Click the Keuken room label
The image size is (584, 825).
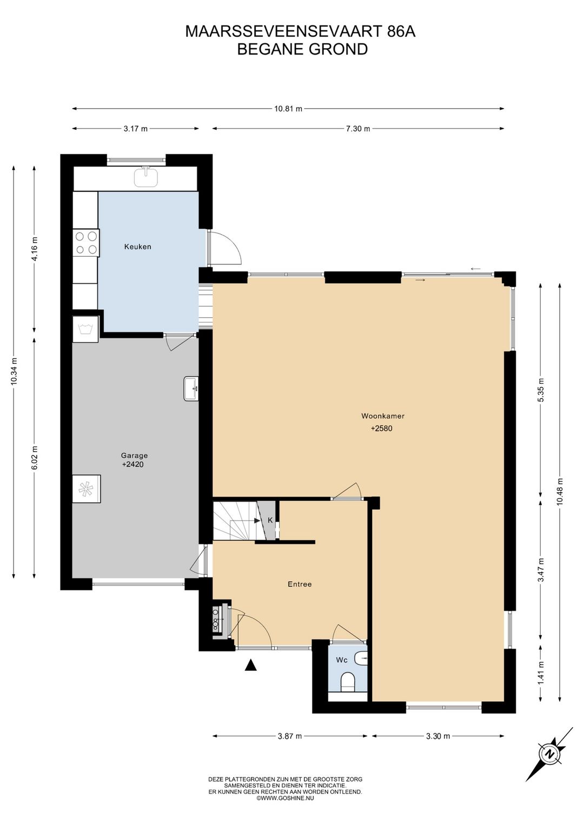(137, 247)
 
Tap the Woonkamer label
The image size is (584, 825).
(383, 416)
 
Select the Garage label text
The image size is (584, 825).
(135, 456)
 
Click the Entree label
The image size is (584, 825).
(300, 584)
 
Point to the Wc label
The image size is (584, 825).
(342, 660)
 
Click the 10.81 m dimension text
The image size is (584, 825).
(288, 109)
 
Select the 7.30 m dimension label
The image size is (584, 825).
(358, 129)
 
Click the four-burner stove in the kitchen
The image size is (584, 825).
(86, 243)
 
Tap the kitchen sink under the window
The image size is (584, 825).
(147, 176)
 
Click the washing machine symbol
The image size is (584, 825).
(85, 329)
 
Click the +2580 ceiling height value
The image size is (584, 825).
(382, 428)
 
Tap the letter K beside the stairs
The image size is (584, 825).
(270, 520)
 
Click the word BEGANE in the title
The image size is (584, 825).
(271, 49)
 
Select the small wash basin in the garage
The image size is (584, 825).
(191, 389)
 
